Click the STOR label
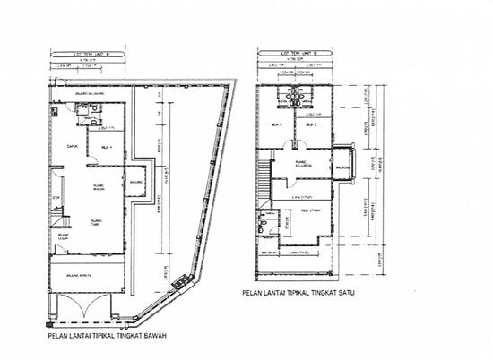[x=56, y=197]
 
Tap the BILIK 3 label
[x=278, y=125]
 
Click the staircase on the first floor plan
[x=265, y=190]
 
